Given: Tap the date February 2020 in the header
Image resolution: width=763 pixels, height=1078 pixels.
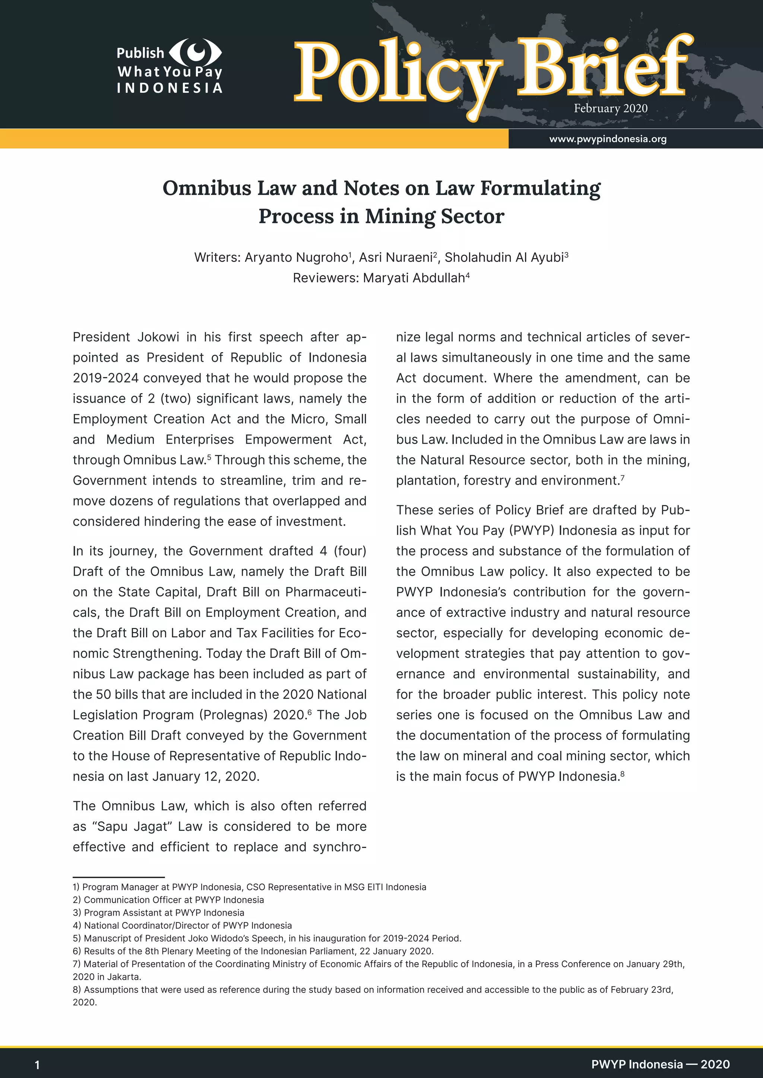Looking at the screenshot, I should pos(610,108).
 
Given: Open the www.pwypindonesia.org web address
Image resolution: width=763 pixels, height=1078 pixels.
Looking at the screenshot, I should pos(608,139).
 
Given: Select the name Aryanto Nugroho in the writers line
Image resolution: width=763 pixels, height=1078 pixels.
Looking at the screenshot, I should pos(296,258).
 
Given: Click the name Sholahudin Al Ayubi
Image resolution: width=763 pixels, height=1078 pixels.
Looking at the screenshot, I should pos(504,258).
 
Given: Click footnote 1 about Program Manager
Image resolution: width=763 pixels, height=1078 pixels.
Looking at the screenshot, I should pos(249,887).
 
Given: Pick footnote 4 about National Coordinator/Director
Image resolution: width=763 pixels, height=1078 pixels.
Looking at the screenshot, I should pos(182,925).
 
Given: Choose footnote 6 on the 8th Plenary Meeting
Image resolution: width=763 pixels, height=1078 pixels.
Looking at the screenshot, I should pos(253,951).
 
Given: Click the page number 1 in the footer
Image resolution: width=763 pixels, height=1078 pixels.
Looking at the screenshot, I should pos(37,1065).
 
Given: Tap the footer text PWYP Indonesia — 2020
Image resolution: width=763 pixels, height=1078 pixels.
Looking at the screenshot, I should pos(660,1064).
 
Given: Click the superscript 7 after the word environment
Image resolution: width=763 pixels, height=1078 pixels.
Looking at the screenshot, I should pos(622,478).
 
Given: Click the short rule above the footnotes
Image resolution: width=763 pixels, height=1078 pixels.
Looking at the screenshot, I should pos(118,877).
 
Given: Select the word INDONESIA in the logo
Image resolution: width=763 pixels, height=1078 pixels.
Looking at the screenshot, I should pos(170,88).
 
